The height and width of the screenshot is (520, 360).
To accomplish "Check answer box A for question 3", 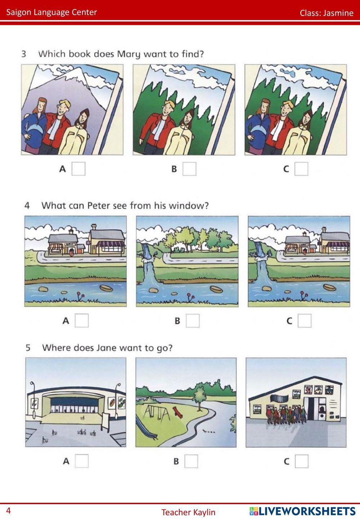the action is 78,169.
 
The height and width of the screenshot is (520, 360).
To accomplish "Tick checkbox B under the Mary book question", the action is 189,169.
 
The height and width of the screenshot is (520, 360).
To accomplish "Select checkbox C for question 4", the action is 305,320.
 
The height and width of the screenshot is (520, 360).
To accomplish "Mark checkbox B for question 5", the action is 191,461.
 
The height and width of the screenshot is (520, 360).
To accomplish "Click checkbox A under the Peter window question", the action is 82,320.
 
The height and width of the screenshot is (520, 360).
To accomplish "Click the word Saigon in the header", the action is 19,12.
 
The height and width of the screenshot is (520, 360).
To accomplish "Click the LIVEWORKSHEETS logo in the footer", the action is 302,511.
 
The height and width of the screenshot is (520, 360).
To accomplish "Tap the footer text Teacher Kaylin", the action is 188,512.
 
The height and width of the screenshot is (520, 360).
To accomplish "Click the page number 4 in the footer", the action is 8,511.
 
